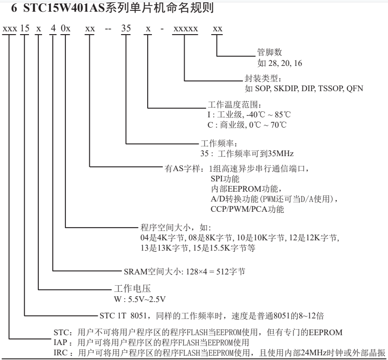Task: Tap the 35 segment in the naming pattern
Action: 126,29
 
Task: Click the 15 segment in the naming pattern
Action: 25,29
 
